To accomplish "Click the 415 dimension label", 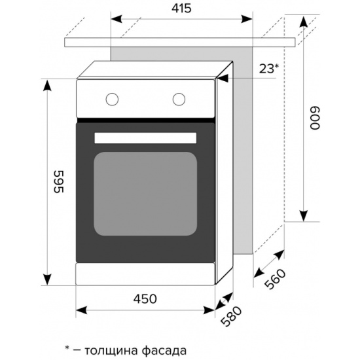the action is click(x=181, y=9).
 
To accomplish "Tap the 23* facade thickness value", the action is click(x=269, y=69).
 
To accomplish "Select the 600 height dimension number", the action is click(x=315, y=118).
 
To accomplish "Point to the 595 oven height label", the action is click(x=58, y=181).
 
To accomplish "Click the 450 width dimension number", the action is click(x=145, y=299).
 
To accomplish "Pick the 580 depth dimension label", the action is click(x=231, y=316).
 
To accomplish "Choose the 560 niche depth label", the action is click(x=275, y=278).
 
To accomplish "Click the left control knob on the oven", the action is click(x=112, y=99).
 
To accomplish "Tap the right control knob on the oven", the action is click(x=179, y=99).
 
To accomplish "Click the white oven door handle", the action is click(x=145, y=138).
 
